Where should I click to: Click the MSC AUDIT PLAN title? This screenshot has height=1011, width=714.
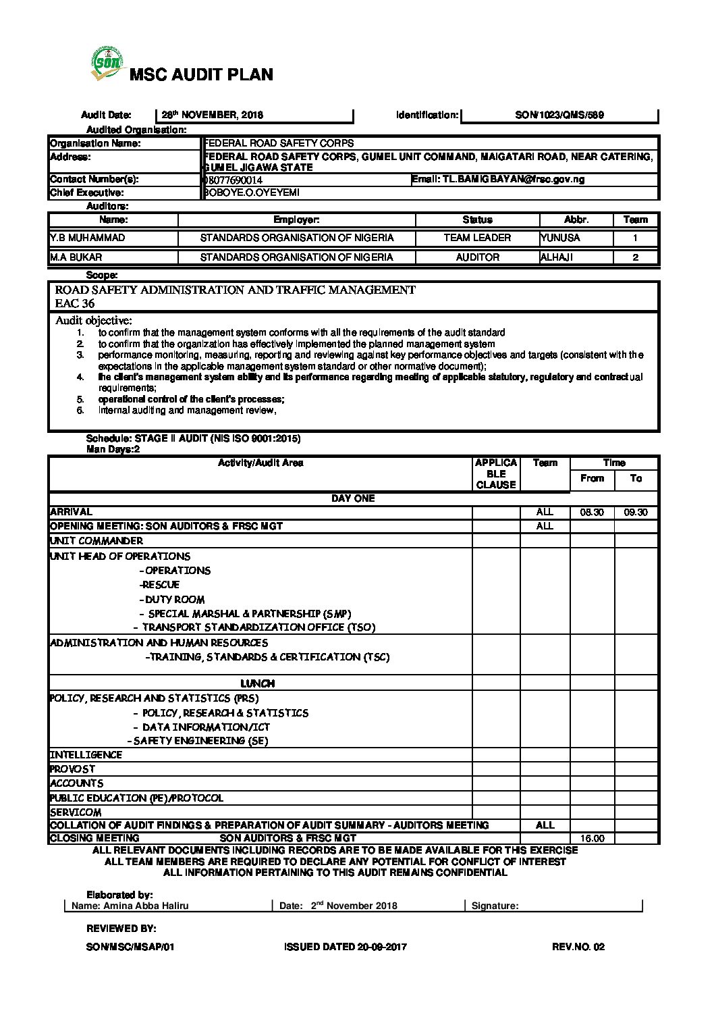[201, 75]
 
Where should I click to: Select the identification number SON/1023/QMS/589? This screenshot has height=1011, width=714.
[559, 115]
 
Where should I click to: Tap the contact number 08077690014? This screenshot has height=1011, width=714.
[234, 180]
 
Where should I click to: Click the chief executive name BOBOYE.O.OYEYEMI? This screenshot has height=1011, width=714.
[252, 193]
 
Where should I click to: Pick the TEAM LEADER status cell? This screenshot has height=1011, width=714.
[477, 238]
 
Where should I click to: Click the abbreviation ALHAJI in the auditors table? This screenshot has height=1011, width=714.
[557, 257]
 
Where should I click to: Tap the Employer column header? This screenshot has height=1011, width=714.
[296, 220]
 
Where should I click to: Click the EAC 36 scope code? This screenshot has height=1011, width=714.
[75, 303]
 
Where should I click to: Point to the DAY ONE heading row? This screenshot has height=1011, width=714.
[353, 498]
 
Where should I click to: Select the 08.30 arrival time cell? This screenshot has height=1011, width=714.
[592, 513]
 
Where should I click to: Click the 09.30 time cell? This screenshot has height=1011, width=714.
[636, 513]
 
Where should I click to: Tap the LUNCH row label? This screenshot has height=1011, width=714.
[258, 683]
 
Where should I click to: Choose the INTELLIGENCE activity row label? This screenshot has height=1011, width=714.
[86, 755]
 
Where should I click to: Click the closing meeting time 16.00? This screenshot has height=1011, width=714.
[592, 839]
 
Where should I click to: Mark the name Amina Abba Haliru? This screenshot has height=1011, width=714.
[130, 906]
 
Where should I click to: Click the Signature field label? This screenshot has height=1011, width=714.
[495, 906]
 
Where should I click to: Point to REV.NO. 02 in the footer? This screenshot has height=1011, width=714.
[578, 947]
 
